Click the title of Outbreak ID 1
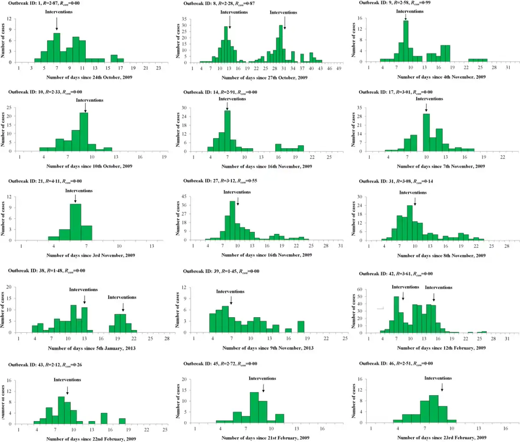(x=44, y=3)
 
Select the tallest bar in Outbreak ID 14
(x=227, y=131)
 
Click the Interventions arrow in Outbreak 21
(x=75, y=198)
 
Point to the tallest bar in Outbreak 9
(x=406, y=41)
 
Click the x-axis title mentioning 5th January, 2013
(x=92, y=348)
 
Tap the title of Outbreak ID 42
(x=396, y=274)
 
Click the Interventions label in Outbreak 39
(x=230, y=292)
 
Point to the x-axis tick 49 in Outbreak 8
(x=339, y=68)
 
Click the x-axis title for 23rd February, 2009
(x=442, y=438)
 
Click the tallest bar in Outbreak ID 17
(x=426, y=132)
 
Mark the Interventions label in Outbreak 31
(x=413, y=192)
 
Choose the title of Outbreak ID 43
(x=45, y=365)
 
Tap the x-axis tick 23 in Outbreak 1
(x=159, y=68)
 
